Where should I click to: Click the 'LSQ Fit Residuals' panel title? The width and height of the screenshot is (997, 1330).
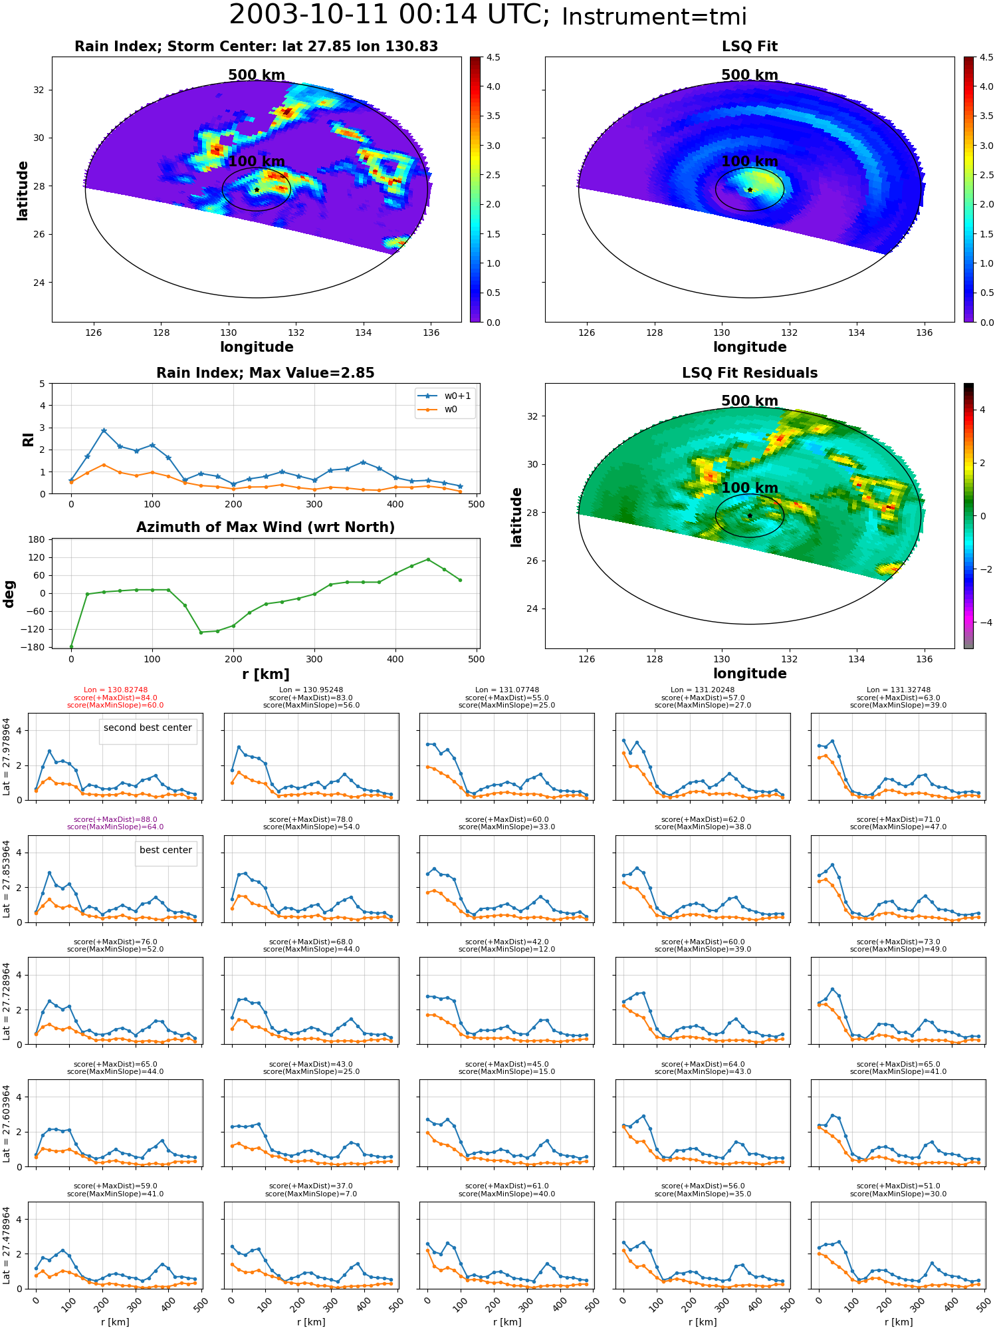tap(750, 373)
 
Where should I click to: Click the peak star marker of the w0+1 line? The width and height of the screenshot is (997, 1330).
tap(104, 431)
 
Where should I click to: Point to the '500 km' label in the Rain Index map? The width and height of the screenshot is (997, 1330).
tap(257, 75)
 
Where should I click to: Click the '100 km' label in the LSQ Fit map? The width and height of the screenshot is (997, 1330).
tap(750, 162)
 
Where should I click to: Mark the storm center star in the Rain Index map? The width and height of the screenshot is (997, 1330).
tap(257, 190)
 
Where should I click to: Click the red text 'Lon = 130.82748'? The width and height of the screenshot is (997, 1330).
tap(116, 690)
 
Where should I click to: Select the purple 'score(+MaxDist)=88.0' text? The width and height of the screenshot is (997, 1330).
tap(116, 820)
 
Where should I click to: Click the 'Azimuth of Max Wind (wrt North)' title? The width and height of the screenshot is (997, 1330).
tap(265, 527)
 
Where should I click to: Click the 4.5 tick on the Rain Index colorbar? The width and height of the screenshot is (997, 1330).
tap(493, 57)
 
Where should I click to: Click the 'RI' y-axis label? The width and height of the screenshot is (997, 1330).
tap(29, 440)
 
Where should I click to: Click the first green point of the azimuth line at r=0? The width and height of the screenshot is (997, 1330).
tap(71, 647)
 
